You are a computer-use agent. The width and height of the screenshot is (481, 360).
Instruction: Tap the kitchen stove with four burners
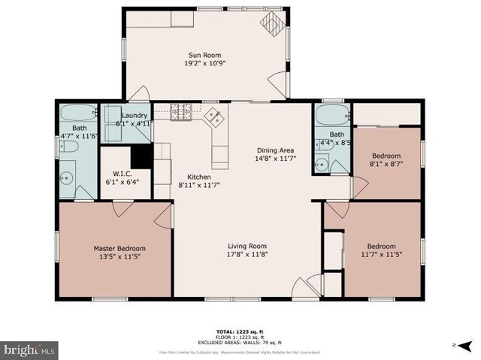(181, 112)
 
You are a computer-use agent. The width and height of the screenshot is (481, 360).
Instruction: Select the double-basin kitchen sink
(214, 116)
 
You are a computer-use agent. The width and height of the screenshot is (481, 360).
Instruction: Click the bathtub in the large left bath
(78, 116)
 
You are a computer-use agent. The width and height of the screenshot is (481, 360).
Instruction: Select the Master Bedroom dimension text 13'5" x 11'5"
(119, 256)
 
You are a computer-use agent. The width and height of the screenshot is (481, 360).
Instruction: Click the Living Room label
(247, 246)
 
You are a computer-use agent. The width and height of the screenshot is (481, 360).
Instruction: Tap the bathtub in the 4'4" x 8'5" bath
(331, 116)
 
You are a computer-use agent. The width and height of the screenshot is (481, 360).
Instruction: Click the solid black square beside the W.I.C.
(141, 156)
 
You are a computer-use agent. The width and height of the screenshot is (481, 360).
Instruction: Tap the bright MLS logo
(29, 349)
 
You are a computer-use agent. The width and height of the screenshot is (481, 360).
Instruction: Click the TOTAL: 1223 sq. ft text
(240, 331)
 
